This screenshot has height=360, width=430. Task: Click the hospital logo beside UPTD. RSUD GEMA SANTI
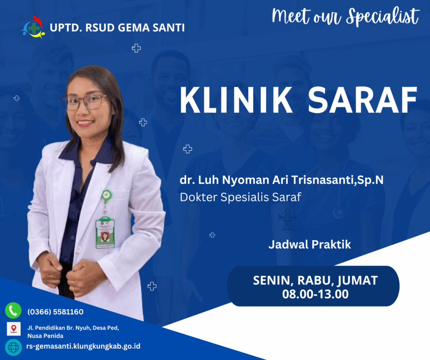click(x=33, y=27)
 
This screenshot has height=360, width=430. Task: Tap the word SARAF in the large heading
click(x=362, y=100)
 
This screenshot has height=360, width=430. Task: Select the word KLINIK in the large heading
click(x=236, y=100)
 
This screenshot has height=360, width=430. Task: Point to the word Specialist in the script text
click(x=383, y=16)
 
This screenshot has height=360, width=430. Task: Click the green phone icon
click(x=13, y=310)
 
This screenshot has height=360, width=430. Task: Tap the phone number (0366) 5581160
click(x=55, y=312)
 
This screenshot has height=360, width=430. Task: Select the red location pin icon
click(x=14, y=329)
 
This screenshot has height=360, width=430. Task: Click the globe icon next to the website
click(x=13, y=347)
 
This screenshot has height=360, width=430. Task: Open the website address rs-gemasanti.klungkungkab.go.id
click(x=84, y=346)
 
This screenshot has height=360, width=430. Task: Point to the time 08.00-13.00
click(x=315, y=294)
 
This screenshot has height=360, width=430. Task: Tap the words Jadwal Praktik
click(x=309, y=244)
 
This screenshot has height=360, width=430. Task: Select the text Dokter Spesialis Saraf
click(x=241, y=197)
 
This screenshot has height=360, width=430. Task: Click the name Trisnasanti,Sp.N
click(x=337, y=180)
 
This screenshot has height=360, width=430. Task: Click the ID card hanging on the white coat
click(x=105, y=232)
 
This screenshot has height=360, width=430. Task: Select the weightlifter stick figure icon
click(x=287, y=219)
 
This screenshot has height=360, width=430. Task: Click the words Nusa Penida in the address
click(x=45, y=336)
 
